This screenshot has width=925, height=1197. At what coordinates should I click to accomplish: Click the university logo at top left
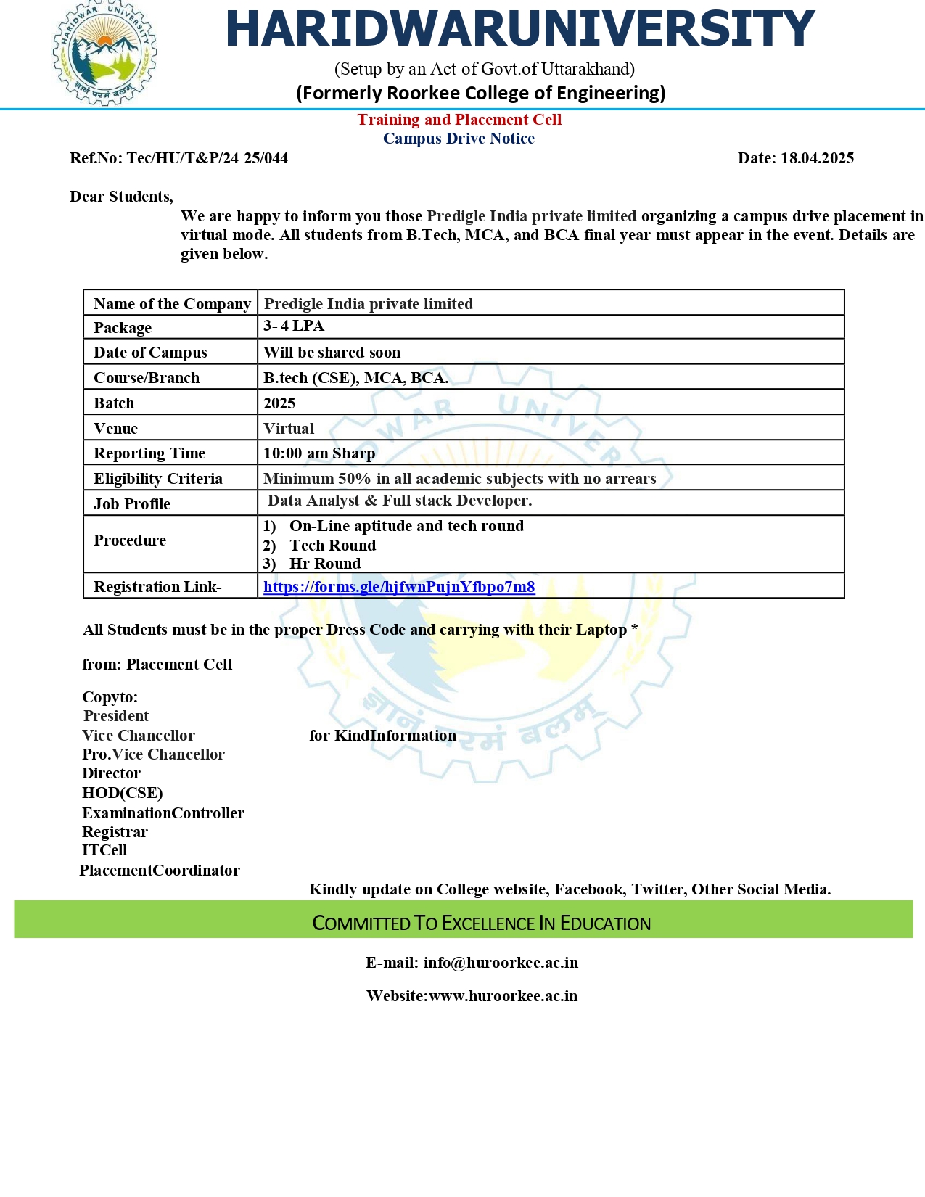(105, 53)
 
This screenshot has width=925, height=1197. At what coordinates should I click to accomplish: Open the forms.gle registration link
(399, 587)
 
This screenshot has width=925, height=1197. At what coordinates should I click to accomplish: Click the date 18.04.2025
(817, 158)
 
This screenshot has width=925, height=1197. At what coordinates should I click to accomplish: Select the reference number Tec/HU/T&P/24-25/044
(207, 158)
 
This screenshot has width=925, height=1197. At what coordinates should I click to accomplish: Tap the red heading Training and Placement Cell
(459, 120)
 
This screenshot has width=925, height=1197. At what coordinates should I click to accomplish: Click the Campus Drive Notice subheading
(459, 139)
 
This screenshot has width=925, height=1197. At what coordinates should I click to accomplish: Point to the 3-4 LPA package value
(294, 326)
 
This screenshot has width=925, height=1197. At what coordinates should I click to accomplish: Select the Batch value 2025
(279, 403)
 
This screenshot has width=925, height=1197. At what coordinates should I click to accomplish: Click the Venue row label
(115, 429)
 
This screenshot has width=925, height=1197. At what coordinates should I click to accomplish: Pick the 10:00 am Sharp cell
(319, 453)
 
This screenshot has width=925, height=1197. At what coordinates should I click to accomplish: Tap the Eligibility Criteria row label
(158, 479)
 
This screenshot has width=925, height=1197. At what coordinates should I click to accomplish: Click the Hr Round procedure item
(325, 564)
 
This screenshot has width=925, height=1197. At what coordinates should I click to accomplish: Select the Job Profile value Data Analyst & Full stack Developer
(400, 501)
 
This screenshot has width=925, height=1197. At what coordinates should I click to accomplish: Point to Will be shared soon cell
(332, 353)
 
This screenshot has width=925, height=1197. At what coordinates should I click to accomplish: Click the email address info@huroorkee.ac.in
(501, 963)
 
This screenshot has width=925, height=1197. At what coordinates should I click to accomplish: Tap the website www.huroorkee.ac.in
(503, 996)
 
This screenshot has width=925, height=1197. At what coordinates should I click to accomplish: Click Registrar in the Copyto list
(115, 832)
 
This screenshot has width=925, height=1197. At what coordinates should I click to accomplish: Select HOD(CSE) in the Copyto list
(122, 793)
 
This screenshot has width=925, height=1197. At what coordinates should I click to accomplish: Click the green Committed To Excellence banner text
(481, 924)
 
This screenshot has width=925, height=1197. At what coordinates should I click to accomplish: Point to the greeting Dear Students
(121, 197)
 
